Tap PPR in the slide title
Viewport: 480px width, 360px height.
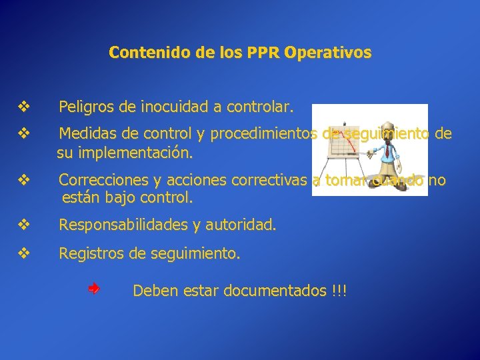coord(265,52)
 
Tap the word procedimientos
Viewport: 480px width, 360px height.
coord(263,134)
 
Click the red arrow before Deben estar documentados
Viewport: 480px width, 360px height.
coord(94,289)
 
